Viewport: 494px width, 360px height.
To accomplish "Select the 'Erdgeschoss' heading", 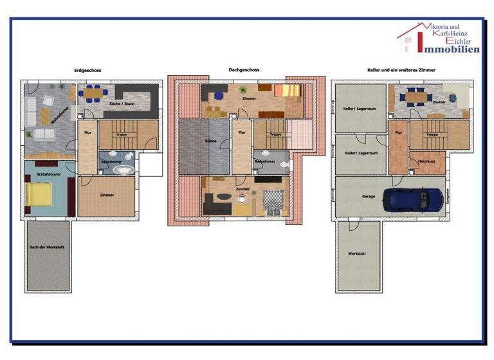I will click(87, 71).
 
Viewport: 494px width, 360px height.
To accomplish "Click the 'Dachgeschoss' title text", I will click(244, 70).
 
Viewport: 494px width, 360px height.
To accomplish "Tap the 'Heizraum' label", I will click(427, 161).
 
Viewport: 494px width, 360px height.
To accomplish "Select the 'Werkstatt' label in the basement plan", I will click(357, 254).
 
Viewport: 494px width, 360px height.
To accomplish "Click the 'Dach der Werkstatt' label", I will click(46, 248).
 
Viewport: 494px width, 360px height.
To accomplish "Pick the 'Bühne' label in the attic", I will click(210, 140).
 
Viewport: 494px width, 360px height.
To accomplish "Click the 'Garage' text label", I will click(369, 197).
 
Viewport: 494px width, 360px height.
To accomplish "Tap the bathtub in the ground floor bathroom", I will click(123, 170).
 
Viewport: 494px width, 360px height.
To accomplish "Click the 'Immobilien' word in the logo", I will click(448, 49).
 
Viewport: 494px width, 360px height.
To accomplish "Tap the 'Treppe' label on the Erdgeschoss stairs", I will click(120, 134).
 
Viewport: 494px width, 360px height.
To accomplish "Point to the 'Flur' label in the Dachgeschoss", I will click(242, 132).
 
